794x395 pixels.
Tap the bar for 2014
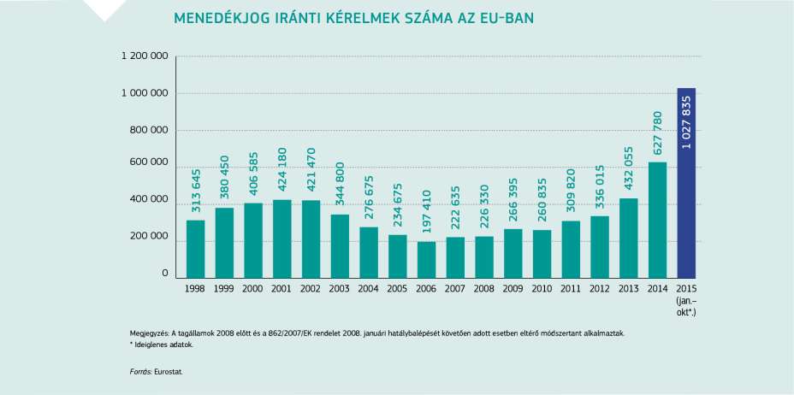(x=657, y=220)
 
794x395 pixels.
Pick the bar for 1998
(x=195, y=249)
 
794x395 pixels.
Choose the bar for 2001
(x=282, y=239)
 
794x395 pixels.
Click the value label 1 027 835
(x=687, y=122)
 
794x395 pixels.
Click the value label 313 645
(x=196, y=191)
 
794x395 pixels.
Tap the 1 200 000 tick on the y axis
(x=145, y=56)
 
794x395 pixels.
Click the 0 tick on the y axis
(x=164, y=274)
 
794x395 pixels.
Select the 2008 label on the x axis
(x=484, y=289)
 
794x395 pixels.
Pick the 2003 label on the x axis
(x=340, y=289)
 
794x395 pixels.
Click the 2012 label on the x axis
(x=600, y=289)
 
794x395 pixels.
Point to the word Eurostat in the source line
(x=169, y=372)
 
